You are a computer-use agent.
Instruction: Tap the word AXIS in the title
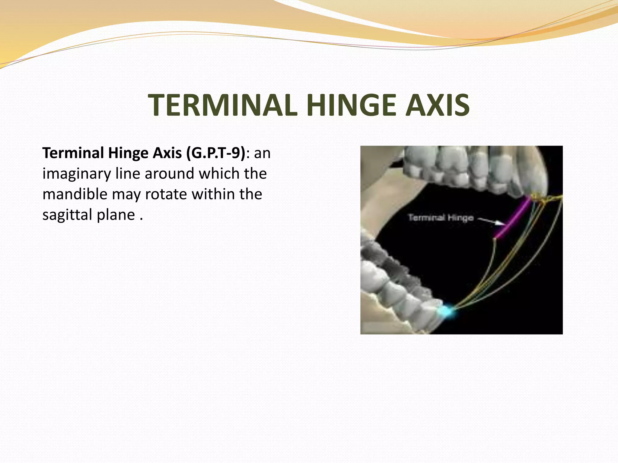(437, 105)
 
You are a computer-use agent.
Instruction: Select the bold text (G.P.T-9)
(216, 153)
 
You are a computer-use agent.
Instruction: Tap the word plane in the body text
(116, 215)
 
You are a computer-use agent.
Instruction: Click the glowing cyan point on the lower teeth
(446, 311)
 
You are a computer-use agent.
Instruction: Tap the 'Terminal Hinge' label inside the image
(441, 218)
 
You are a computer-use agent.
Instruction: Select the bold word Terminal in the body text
(73, 153)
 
